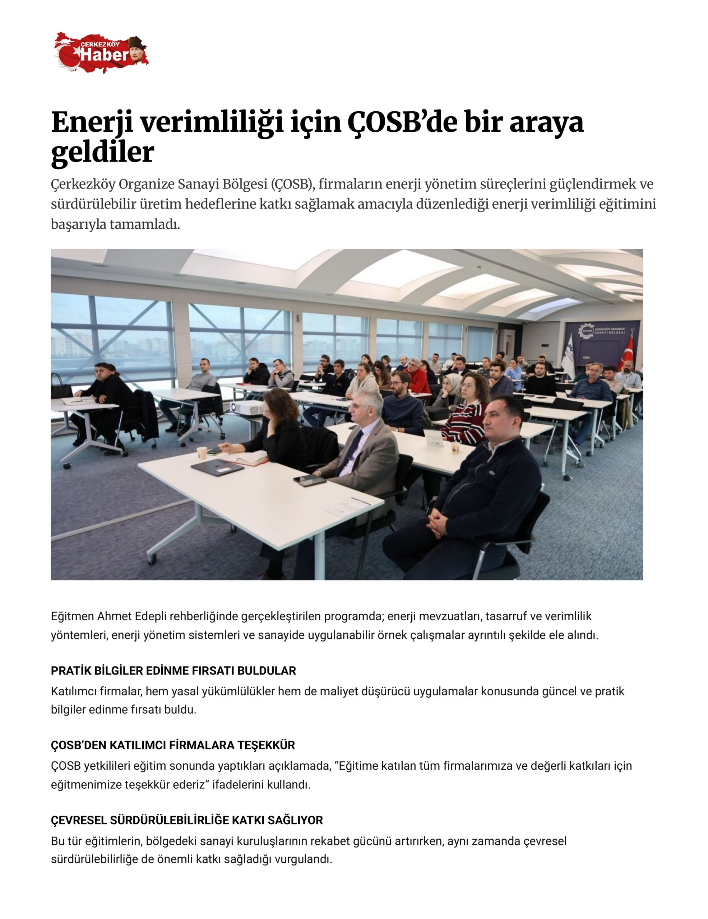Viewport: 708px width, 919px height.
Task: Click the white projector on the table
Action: pyautogui.click(x=247, y=407)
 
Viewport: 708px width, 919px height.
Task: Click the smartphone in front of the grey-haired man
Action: pyautogui.click(x=309, y=481)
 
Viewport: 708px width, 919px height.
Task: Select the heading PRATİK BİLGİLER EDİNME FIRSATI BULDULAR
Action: pyautogui.click(x=173, y=671)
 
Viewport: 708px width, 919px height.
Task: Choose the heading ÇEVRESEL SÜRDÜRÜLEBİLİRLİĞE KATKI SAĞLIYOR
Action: pyautogui.click(x=187, y=820)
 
